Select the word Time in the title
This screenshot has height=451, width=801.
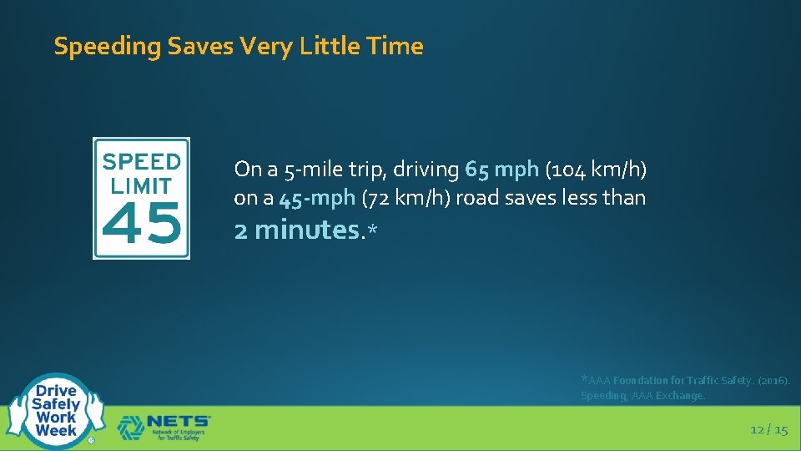coord(397,46)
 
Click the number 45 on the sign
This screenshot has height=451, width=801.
coord(141,224)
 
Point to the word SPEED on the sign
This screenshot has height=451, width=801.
coord(141,161)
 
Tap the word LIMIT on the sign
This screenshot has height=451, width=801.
coord(141,185)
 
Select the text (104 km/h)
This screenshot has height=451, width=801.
coord(596,170)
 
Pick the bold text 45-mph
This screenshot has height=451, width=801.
coord(317,198)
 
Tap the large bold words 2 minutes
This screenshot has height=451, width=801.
coord(296,230)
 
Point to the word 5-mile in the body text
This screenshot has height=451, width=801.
coord(316,170)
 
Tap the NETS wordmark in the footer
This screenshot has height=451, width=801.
coord(179,422)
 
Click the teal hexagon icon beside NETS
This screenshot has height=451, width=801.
coord(130,428)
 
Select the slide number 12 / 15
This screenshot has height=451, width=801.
coord(768,429)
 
